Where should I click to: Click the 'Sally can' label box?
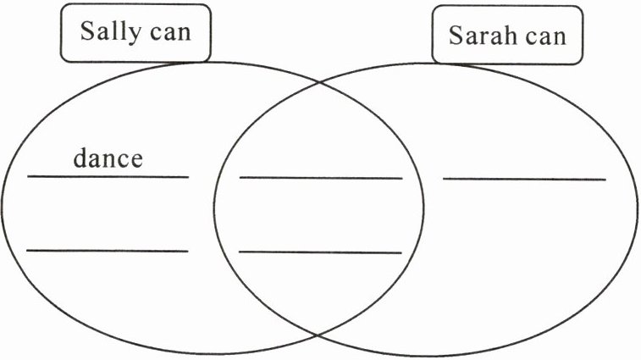(135, 34)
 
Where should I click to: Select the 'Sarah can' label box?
(508, 36)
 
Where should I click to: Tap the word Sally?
(109, 33)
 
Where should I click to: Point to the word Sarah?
(480, 36)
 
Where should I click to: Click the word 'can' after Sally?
(171, 33)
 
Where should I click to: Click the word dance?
(108, 158)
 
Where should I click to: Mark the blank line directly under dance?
(108, 176)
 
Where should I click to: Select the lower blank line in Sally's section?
(108, 250)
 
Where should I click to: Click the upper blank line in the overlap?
(320, 178)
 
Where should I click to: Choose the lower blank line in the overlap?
(320, 252)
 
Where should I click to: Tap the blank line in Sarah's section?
(524, 179)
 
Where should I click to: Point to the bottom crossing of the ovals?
(318, 335)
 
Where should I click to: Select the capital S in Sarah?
(455, 36)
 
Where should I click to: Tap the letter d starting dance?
(80, 158)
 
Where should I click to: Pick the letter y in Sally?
(130, 35)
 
